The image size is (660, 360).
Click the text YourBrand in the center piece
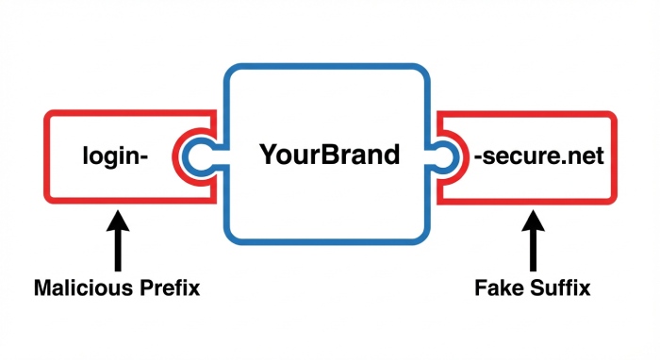(x=330, y=154)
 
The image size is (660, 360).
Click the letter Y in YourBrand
(x=269, y=154)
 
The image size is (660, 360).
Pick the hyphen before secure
(x=476, y=156)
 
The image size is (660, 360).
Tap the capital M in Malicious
(x=43, y=287)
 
